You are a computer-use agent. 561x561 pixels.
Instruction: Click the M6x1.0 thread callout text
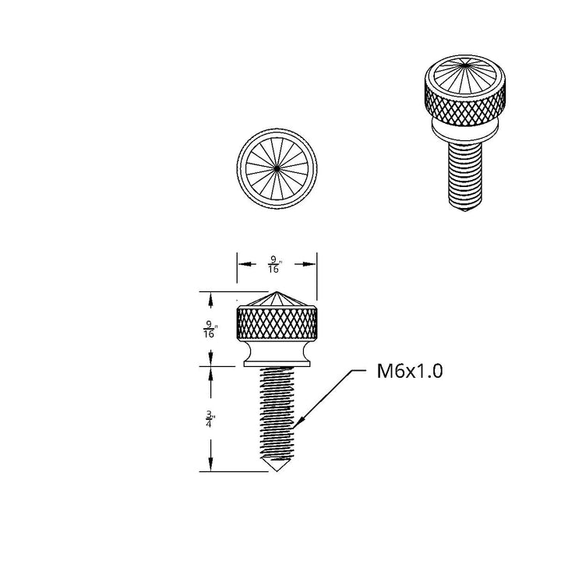[x=410, y=371]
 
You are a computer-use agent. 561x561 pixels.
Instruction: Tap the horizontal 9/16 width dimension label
[x=274, y=264]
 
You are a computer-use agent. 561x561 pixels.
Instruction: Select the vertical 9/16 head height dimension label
[x=210, y=329]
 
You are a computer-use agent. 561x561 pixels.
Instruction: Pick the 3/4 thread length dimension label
[x=210, y=419]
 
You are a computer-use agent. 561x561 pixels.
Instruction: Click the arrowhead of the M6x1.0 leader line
[x=298, y=422]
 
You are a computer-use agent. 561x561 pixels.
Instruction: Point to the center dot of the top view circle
[x=277, y=168]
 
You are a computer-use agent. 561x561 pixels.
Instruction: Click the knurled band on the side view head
[x=277, y=323]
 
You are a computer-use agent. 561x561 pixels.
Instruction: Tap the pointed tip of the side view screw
[x=277, y=471]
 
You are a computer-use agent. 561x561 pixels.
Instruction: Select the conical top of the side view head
[x=277, y=299]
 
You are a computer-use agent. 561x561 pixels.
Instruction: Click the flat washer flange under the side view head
[x=277, y=364]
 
